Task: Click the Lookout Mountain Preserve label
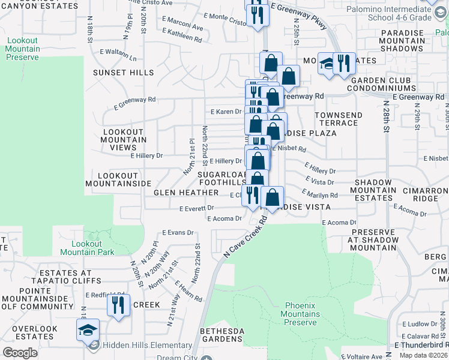click(x=23, y=49)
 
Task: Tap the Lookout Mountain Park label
click(x=92, y=248)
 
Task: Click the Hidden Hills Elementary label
click(x=147, y=345)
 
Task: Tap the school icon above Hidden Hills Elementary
click(x=88, y=329)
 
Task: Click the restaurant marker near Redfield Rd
click(x=118, y=305)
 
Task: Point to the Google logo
click(x=20, y=353)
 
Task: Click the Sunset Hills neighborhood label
click(x=124, y=73)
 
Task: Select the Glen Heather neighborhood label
click(x=186, y=193)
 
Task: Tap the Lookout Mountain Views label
click(x=124, y=140)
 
